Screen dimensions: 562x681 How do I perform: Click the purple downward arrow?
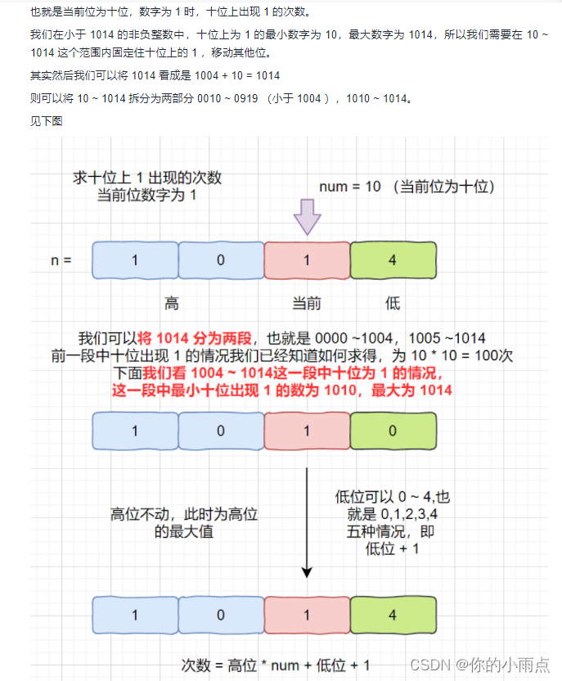click(308, 216)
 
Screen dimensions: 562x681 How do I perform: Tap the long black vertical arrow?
click(307, 524)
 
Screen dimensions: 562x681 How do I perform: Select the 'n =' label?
click(62, 260)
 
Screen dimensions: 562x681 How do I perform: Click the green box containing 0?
click(393, 431)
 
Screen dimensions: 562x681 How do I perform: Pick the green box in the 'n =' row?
click(393, 260)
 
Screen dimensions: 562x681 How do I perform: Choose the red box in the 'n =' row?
click(307, 260)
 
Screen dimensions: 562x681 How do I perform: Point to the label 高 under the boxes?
click(172, 304)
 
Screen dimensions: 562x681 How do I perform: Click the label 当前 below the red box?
click(307, 304)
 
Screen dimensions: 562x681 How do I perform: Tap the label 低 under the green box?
click(393, 304)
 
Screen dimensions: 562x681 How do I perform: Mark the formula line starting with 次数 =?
click(276, 665)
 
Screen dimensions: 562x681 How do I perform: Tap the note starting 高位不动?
click(184, 523)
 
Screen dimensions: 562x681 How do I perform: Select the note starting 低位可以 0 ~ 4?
click(393, 523)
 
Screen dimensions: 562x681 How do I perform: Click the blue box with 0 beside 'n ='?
click(221, 260)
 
